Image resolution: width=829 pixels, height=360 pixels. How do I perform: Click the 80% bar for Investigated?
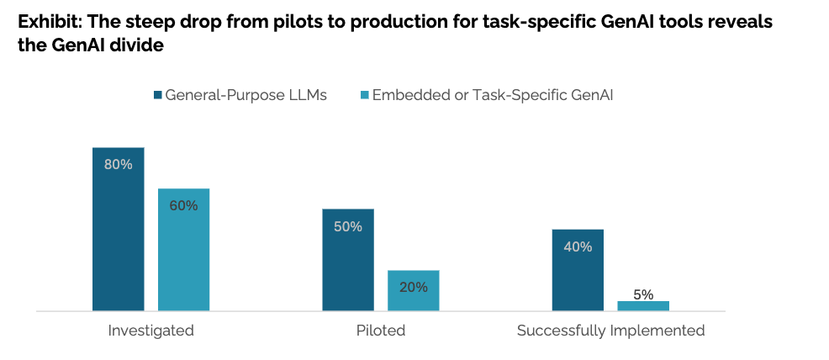point(118,229)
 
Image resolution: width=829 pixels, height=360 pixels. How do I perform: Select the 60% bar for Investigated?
point(183,249)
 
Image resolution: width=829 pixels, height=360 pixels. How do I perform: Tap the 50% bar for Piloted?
point(347,259)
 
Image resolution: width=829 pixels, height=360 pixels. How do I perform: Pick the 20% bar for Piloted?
point(413,290)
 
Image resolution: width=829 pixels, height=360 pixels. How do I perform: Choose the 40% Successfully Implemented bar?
point(578,269)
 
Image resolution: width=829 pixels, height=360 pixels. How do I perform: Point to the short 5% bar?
point(643,305)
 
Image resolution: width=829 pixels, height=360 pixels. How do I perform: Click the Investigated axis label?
point(150,331)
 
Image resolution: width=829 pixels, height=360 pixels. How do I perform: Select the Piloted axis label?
point(380,331)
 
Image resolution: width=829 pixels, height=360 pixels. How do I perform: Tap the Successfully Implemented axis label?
point(610,331)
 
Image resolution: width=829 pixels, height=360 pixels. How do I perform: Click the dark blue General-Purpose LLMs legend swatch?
point(157,95)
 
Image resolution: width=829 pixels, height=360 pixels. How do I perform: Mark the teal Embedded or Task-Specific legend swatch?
point(364,95)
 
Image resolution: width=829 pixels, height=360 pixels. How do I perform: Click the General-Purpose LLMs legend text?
point(246,95)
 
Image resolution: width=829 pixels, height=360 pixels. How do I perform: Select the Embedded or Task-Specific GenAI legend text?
point(493,95)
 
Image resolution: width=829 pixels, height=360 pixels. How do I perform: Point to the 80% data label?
point(118,164)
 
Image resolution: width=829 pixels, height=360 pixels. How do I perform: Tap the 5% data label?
point(643,294)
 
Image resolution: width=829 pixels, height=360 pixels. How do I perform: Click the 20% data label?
point(413,287)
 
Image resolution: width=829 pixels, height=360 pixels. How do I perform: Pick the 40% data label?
point(578,246)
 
